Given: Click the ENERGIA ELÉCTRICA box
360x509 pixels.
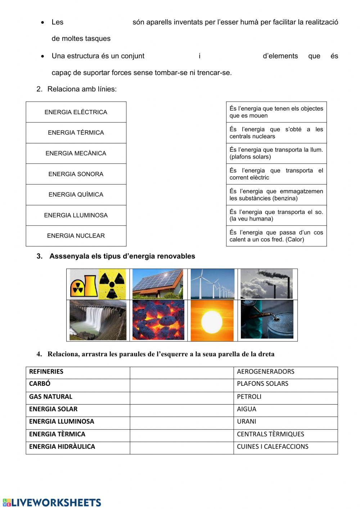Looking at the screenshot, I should (76, 112).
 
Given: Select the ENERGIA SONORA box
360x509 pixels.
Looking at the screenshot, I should (76, 174).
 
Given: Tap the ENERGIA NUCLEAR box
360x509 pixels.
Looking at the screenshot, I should (76, 236).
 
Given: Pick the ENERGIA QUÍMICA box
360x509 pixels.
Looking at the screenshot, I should (76, 195).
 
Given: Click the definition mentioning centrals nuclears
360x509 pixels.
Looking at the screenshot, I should (276, 133).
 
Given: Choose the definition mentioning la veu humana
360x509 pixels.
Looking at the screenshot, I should (276, 215).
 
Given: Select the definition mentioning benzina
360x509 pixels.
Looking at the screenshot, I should (276, 195).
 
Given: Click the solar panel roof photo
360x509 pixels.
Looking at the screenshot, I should (158, 284).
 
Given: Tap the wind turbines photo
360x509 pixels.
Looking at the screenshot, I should (212, 284).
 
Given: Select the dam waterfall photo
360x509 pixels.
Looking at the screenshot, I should (98, 320).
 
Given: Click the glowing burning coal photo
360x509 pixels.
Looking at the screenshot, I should (158, 320).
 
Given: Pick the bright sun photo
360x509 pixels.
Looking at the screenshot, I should (212, 320).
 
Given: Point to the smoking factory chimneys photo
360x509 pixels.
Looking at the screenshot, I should (266, 284).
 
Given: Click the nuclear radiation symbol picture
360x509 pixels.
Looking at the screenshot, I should (98, 284).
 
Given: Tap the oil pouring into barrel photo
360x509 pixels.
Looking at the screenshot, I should (267, 320).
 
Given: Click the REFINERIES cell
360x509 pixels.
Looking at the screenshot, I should (46, 372).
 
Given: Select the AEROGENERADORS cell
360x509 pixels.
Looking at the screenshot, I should (266, 372).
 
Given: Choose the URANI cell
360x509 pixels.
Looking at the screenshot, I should (247, 421).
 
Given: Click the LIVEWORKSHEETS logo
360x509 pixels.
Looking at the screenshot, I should (52, 503).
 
